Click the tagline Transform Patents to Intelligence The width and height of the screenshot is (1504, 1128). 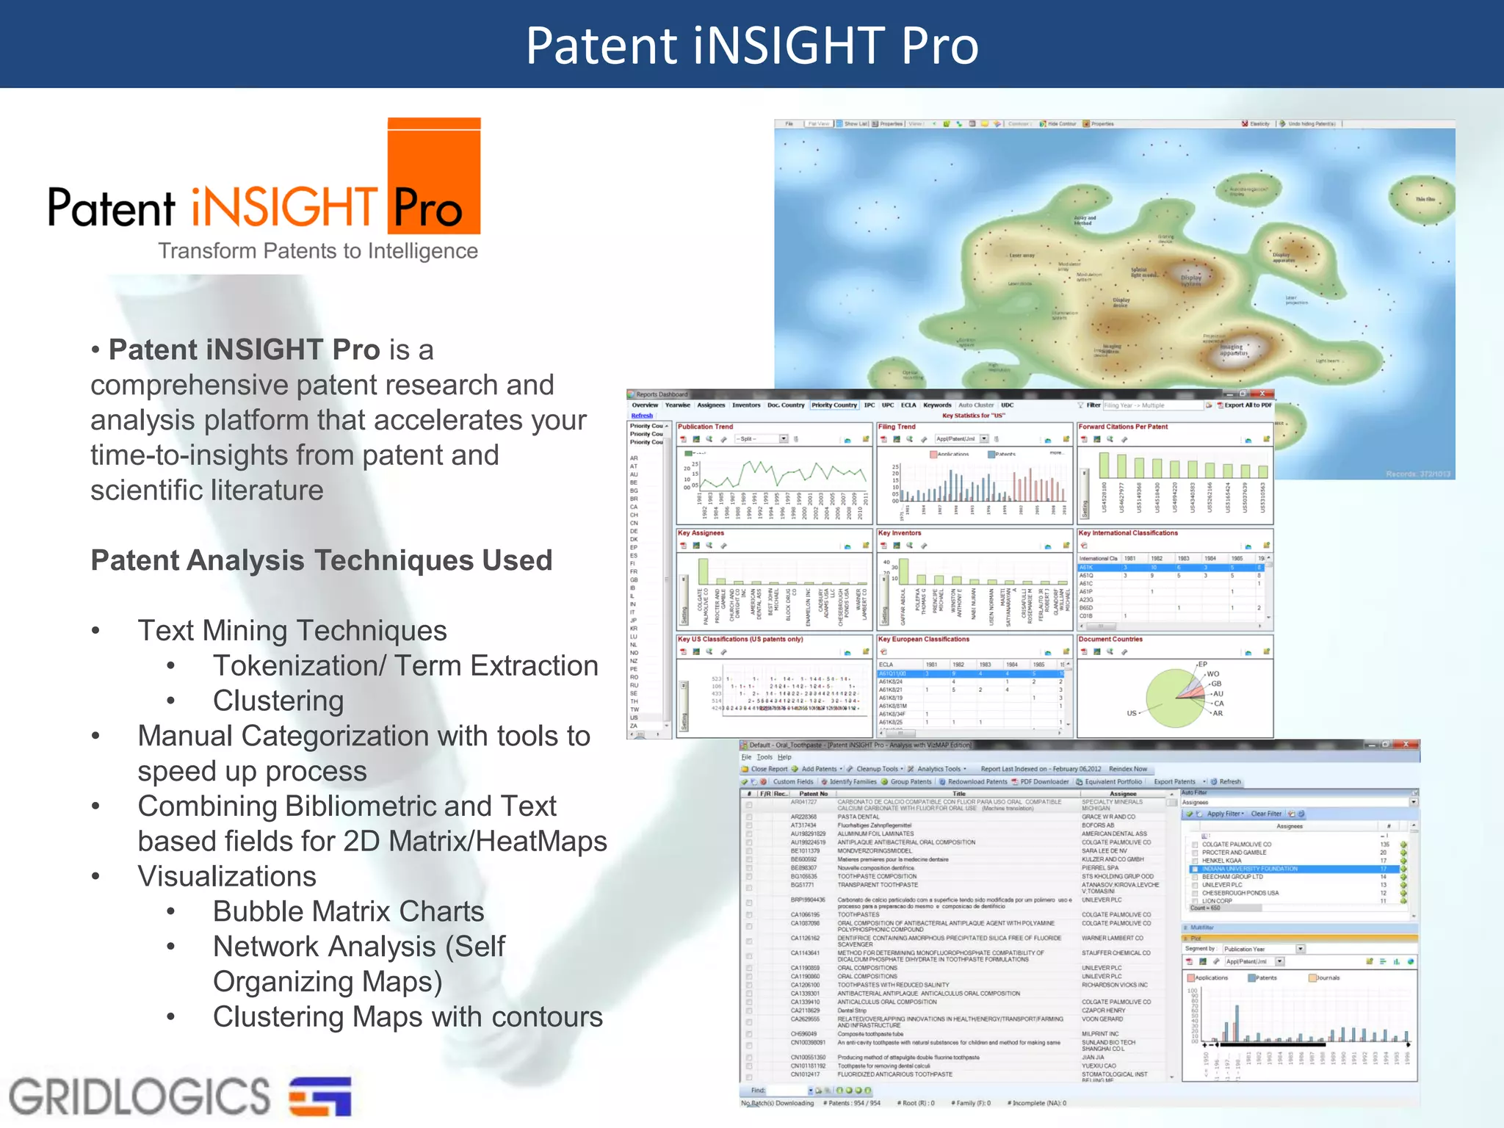[x=318, y=251]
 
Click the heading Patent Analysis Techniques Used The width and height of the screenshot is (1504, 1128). [x=321, y=560]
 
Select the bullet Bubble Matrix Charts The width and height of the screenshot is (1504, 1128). [x=348, y=911]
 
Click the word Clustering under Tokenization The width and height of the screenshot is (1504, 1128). [x=278, y=701]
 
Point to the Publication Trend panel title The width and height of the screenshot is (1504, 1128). [x=705, y=427]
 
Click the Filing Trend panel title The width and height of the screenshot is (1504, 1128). [x=897, y=427]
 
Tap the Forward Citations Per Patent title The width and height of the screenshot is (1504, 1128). [x=1123, y=427]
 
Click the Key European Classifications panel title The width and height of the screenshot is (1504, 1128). [x=924, y=640]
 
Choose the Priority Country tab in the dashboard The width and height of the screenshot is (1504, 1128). [x=834, y=405]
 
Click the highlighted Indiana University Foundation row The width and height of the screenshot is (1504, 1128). [x=1249, y=869]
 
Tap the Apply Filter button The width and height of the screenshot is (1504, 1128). [x=1222, y=814]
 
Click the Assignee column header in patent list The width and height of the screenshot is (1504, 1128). [x=1123, y=794]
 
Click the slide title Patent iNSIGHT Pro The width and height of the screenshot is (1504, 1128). [x=752, y=46]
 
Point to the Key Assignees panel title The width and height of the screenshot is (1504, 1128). [x=701, y=533]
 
